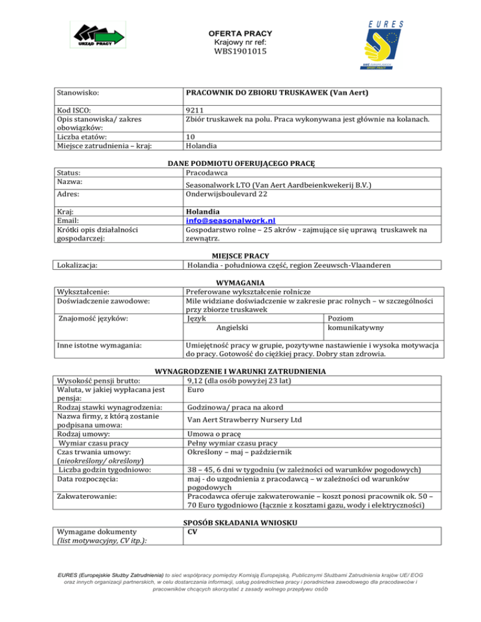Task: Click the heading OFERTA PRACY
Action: (x=240, y=33)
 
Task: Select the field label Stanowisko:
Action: (x=78, y=93)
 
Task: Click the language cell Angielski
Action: (x=232, y=327)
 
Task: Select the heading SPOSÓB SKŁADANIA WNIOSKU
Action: (x=240, y=523)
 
